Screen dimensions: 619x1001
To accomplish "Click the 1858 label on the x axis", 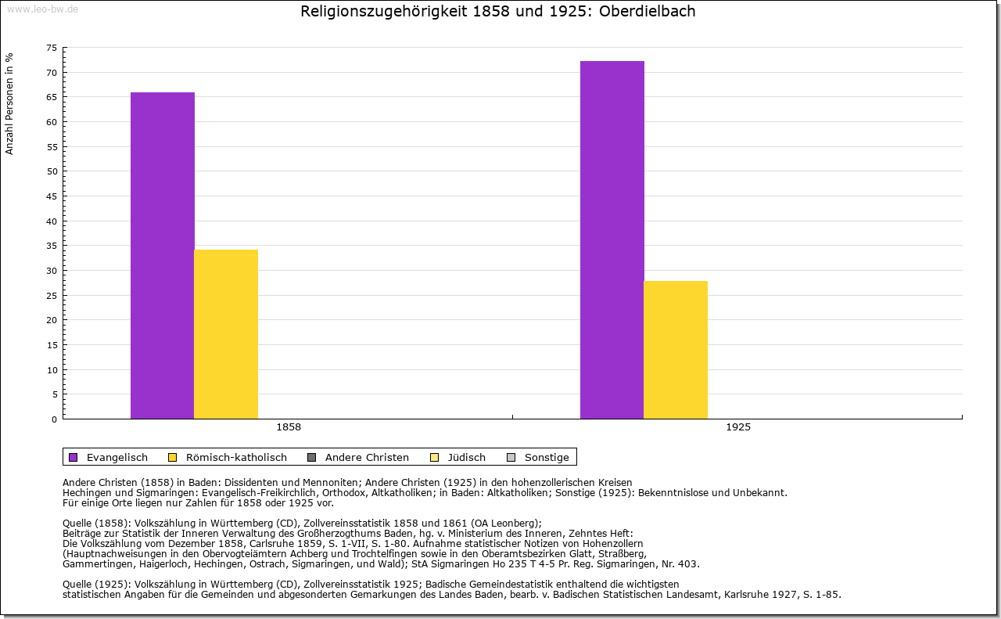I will point(289,428).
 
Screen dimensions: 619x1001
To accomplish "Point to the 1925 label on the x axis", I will point(738,428).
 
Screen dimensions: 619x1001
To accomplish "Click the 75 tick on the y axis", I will point(52,48).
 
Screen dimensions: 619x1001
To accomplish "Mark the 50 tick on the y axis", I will point(52,171).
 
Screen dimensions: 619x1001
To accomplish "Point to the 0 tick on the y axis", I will point(54,419).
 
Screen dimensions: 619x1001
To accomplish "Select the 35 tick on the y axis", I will point(52,246).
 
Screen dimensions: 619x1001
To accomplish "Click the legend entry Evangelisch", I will point(117,458).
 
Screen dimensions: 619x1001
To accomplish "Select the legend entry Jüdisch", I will point(467,458).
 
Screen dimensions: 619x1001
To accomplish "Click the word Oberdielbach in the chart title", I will point(648,12).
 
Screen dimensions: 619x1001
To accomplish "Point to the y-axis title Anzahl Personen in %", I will point(9,103).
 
